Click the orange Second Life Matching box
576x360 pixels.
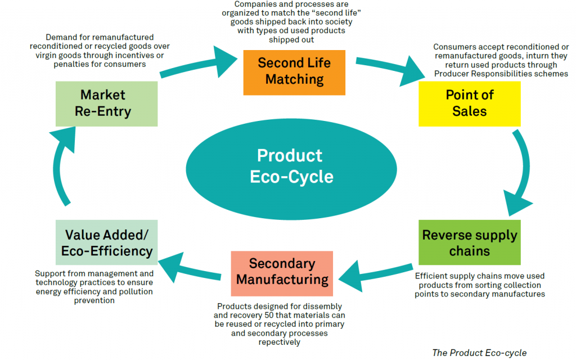tap(294, 71)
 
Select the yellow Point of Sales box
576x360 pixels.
tap(469, 103)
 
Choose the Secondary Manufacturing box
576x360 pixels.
tap(282, 272)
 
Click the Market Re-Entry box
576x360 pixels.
tap(106, 103)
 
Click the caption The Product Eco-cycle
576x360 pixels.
tap(479, 353)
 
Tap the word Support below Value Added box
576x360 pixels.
tap(50, 274)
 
